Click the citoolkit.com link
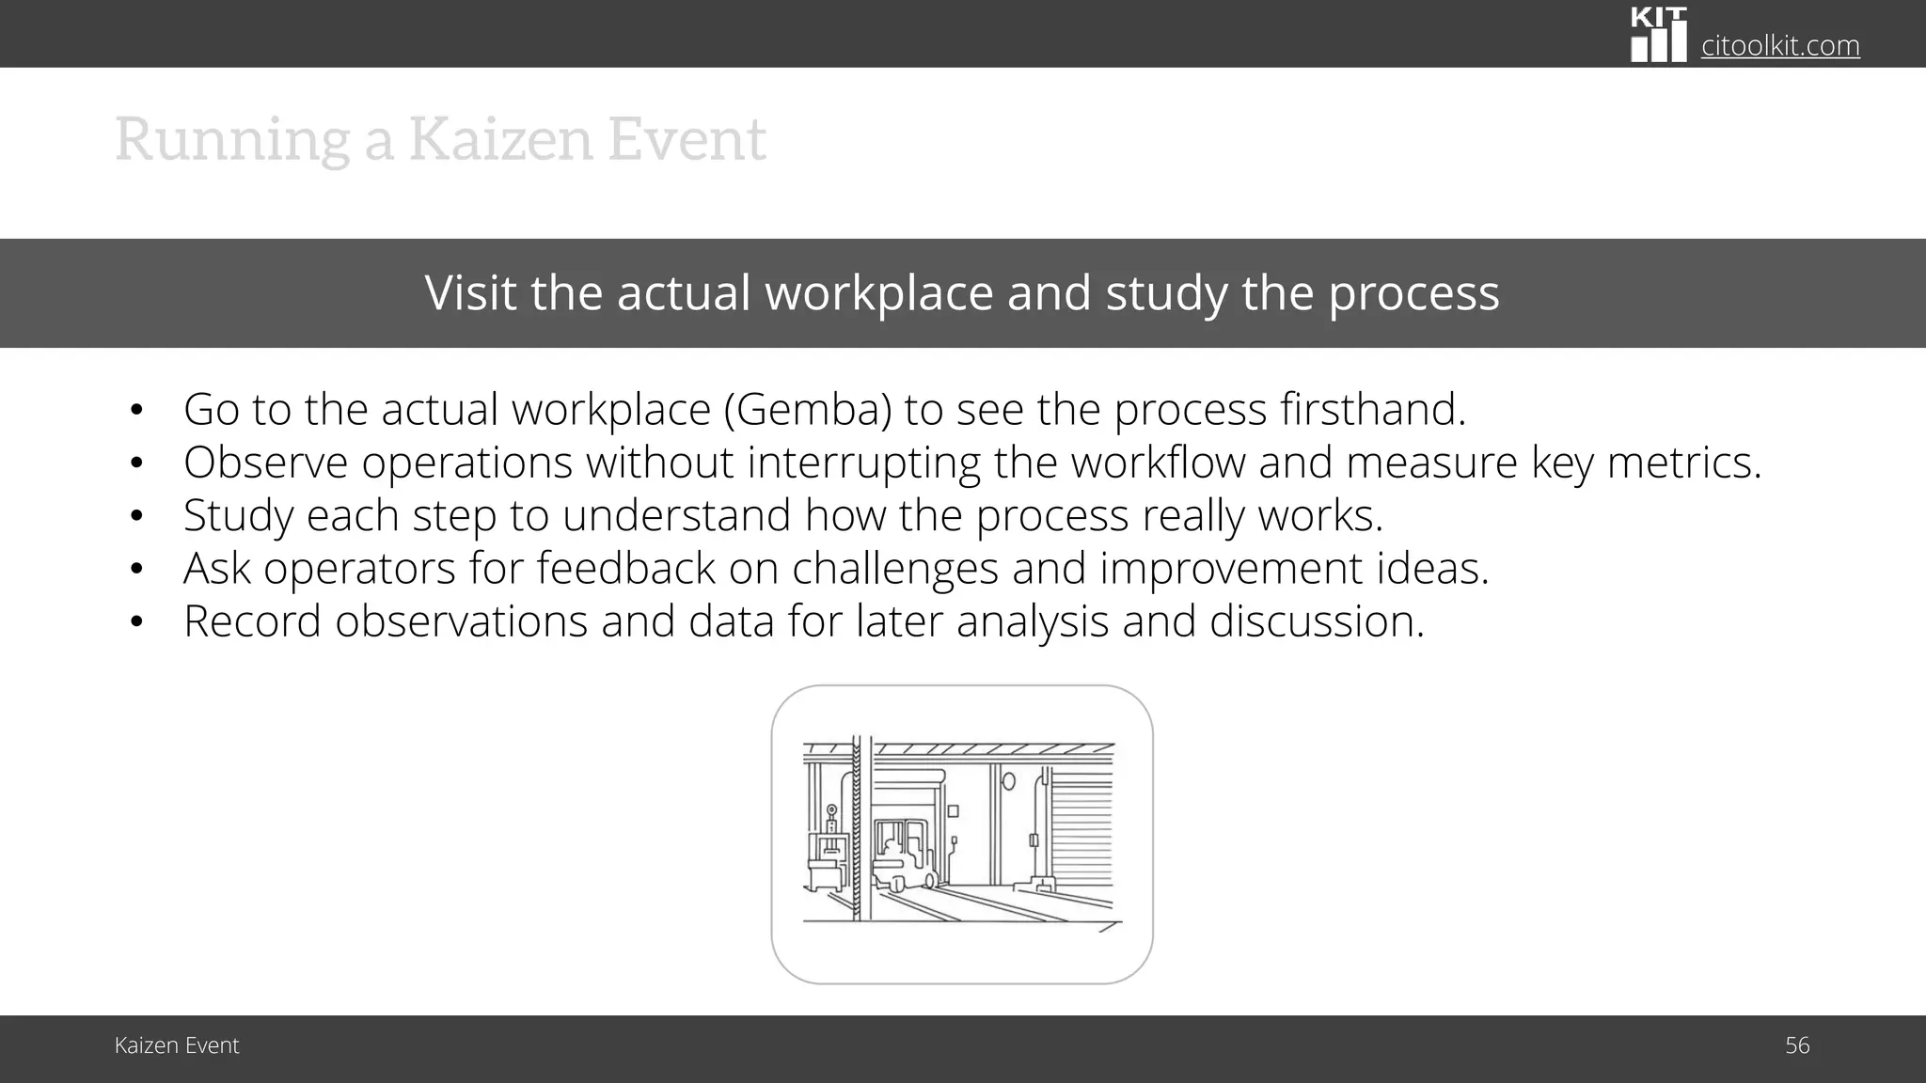click(1780, 45)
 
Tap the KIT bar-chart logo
click(1658, 35)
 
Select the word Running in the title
click(231, 140)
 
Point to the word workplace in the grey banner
click(878, 292)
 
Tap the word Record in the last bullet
click(252, 621)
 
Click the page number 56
click(1796, 1045)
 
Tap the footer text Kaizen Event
click(177, 1045)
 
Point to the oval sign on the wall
click(1009, 780)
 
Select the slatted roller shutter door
click(1081, 827)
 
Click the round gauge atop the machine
click(831, 810)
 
